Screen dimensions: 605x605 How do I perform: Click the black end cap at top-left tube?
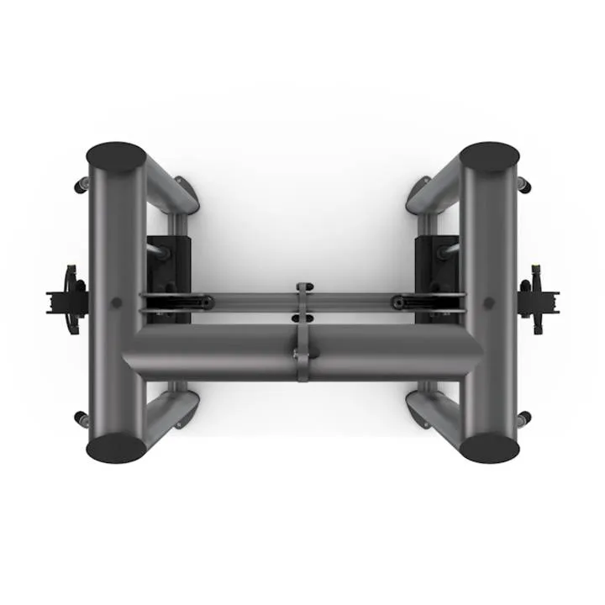[x=117, y=157]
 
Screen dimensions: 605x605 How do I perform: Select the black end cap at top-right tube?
[x=490, y=157]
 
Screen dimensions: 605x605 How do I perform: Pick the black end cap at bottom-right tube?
[x=490, y=447]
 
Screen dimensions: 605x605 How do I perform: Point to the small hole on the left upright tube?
[x=116, y=302]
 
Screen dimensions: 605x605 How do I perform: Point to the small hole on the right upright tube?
[x=490, y=302]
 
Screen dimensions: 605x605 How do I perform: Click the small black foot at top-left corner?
[x=82, y=184]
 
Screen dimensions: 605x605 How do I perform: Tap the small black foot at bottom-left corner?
[x=81, y=418]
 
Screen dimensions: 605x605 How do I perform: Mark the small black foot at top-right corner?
[x=524, y=184]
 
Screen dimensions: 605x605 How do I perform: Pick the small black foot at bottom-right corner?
[x=524, y=418]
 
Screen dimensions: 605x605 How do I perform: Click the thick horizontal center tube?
[x=218, y=351]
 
